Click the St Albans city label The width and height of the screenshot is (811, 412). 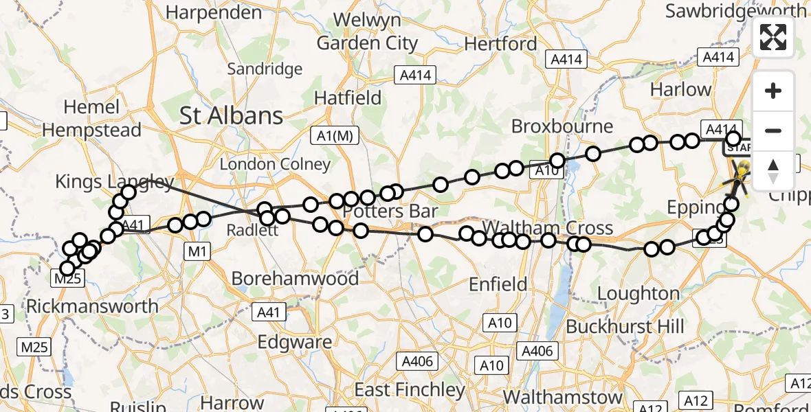[231, 116]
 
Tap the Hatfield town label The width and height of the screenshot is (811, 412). [348, 98]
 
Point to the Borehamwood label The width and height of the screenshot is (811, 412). [295, 278]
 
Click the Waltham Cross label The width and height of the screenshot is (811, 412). [547, 227]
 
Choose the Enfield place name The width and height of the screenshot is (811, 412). [498, 284]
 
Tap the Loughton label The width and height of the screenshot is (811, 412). [638, 294]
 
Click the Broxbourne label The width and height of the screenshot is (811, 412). [563, 127]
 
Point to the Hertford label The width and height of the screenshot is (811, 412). [500, 44]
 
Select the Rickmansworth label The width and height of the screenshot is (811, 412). [92, 306]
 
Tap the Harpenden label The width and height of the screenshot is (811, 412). [211, 12]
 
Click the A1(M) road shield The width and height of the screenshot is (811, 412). [334, 136]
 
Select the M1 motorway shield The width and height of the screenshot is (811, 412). [197, 253]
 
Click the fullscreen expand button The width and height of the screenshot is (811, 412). [773, 37]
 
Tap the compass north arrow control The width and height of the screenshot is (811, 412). [773, 170]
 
